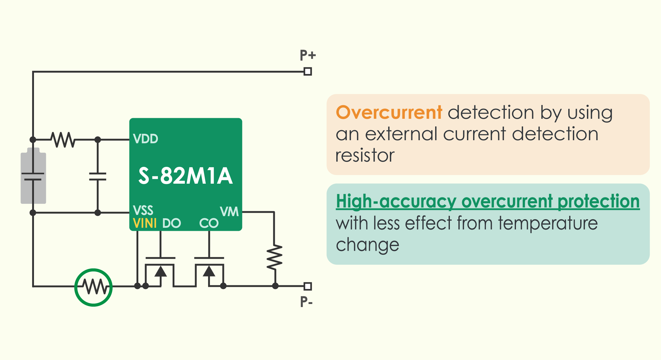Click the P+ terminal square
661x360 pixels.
tap(308, 72)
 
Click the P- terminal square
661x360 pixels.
tap(308, 286)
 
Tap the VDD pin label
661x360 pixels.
tap(146, 139)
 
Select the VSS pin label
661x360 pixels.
tap(143, 211)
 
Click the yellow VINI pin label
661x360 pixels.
tap(145, 223)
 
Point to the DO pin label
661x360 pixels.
tap(172, 223)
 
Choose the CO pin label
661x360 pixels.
tap(209, 223)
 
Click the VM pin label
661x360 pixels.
tap(229, 212)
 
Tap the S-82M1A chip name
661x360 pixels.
tap(185, 176)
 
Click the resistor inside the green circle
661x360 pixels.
tap(94, 287)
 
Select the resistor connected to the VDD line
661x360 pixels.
tap(63, 140)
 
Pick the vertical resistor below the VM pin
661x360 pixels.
tap(274, 257)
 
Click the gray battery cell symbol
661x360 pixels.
tap(33, 176)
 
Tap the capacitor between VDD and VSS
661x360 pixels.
tap(98, 177)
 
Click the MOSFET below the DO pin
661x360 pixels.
tap(160, 271)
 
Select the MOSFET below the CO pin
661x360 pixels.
tap(209, 271)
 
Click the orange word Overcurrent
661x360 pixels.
tap(389, 112)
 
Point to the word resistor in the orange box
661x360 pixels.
tap(365, 156)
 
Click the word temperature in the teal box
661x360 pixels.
tap(548, 223)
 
